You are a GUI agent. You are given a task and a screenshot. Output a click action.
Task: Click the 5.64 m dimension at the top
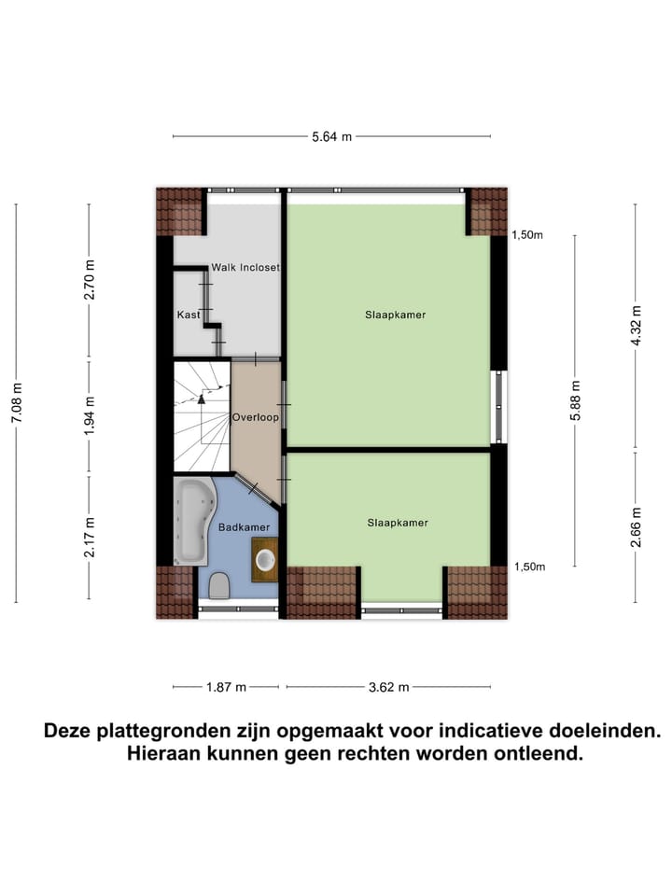pyautogui.click(x=331, y=136)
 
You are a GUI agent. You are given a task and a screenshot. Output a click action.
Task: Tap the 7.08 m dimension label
pyautogui.click(x=16, y=402)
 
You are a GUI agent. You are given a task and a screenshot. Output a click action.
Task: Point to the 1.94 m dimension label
pyautogui.click(x=90, y=417)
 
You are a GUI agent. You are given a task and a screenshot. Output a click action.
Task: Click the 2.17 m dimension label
pyautogui.click(x=90, y=538)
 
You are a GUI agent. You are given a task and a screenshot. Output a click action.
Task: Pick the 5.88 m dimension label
pyautogui.click(x=576, y=399)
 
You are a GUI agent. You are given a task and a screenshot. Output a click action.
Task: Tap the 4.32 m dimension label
pyautogui.click(x=636, y=326)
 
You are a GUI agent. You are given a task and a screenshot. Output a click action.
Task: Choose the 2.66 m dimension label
pyautogui.click(x=636, y=525)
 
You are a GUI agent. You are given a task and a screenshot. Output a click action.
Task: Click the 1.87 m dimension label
pyautogui.click(x=226, y=688)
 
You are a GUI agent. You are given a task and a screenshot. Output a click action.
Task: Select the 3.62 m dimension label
pyautogui.click(x=389, y=688)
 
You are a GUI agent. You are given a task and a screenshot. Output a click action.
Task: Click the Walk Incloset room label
pyautogui.click(x=245, y=267)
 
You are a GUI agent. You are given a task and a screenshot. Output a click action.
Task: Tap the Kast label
pyautogui.click(x=189, y=315)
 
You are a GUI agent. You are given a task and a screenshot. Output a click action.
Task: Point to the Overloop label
pyautogui.click(x=256, y=417)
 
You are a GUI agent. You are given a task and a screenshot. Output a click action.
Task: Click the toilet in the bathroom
pyautogui.click(x=220, y=586)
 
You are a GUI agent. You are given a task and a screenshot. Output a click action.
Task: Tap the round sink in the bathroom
pyautogui.click(x=266, y=561)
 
